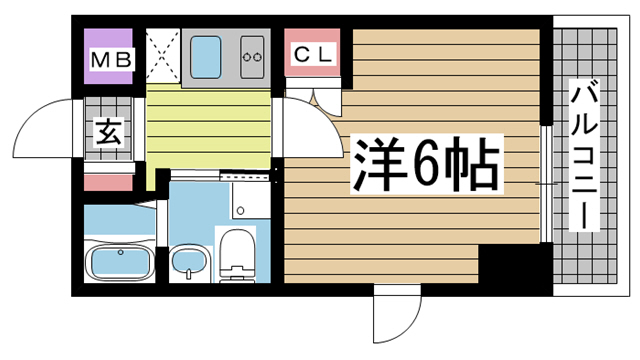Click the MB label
tap(112, 60)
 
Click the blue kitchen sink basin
tap(210, 58)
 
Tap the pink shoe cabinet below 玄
tap(108, 182)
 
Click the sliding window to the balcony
tap(545, 185)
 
